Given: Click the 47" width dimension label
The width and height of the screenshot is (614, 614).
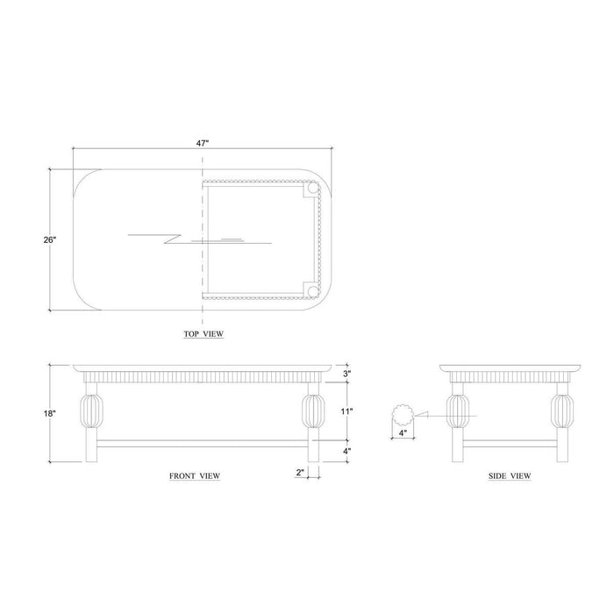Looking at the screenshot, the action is (203, 143).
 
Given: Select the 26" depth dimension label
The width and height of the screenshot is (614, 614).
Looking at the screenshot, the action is (50, 239).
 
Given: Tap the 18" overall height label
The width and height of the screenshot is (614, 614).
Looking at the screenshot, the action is (50, 413).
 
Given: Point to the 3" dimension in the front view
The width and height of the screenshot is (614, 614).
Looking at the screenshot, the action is (347, 374).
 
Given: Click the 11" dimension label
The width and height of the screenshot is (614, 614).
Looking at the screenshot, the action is (346, 411).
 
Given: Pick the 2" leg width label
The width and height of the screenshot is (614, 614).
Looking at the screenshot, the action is (300, 472).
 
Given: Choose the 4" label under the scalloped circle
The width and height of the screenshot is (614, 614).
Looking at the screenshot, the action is (403, 433).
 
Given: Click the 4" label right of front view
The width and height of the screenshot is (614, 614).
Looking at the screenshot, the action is (347, 451).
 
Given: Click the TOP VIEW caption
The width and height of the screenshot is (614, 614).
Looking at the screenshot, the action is (203, 334).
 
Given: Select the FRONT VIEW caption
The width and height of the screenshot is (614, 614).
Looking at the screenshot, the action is (195, 475).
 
